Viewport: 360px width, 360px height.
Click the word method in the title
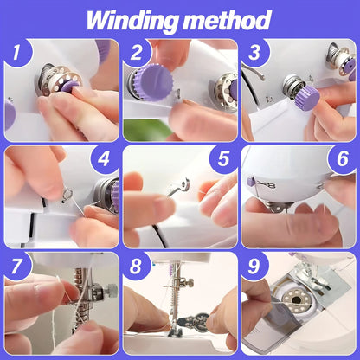point(228,18)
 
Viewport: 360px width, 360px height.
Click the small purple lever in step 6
point(252,183)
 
